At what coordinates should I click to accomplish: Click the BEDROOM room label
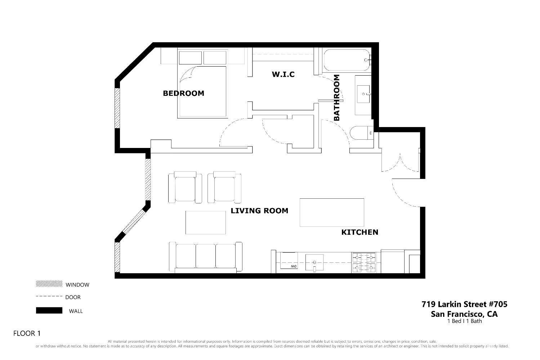[x=183, y=93]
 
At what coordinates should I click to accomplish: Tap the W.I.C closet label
[x=283, y=75]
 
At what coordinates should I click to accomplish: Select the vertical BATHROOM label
[x=337, y=98]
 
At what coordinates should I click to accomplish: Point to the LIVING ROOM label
[x=259, y=211]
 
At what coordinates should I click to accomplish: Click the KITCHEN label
[x=360, y=232]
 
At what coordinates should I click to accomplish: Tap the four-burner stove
[x=363, y=262]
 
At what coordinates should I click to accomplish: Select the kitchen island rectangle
[x=332, y=212]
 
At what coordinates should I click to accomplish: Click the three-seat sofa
[x=205, y=257]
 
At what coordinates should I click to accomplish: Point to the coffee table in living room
[x=206, y=222]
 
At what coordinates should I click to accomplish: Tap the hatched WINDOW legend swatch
[x=49, y=284]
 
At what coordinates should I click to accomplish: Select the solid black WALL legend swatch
[x=49, y=310]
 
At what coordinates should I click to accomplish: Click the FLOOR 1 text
[x=27, y=333]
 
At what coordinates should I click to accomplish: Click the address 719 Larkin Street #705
[x=464, y=304]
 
